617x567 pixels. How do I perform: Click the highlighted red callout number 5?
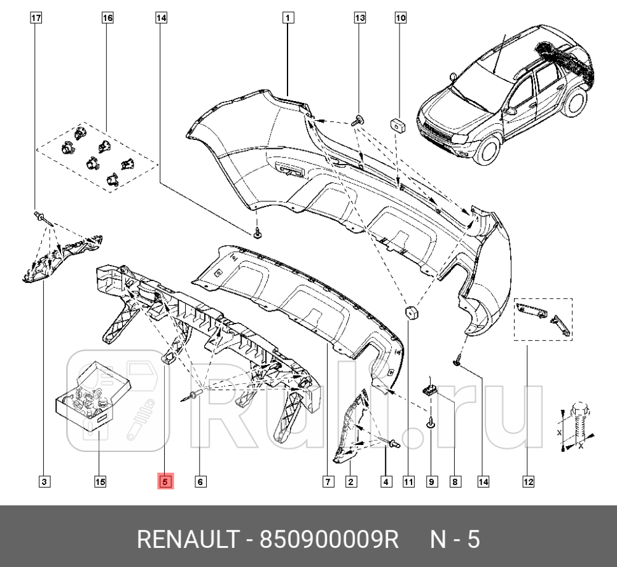click(164, 482)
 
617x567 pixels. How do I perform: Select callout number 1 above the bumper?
click(288, 18)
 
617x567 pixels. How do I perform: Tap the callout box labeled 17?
click(36, 18)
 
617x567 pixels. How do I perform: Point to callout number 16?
click(107, 18)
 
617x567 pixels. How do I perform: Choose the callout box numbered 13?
click(360, 18)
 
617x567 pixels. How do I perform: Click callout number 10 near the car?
click(401, 18)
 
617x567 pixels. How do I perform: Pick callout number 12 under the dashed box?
click(528, 482)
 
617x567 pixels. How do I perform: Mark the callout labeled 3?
click(44, 482)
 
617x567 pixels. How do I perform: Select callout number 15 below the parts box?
click(100, 482)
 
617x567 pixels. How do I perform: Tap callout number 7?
click(328, 482)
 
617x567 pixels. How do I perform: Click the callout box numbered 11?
click(408, 482)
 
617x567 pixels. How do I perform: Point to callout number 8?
click(455, 482)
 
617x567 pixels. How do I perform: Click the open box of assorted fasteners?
click(89, 397)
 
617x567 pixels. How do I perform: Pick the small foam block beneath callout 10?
click(399, 124)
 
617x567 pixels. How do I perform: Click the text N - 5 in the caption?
click(455, 540)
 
